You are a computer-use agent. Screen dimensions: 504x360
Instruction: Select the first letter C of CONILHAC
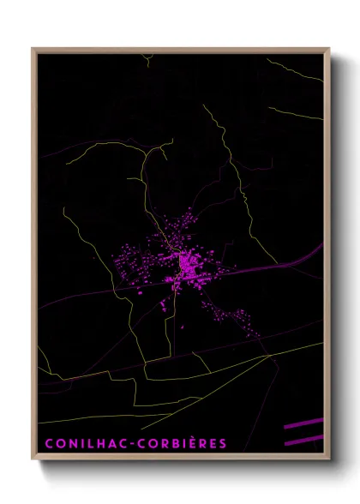point(49,443)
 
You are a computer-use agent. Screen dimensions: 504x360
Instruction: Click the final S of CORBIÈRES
point(223,443)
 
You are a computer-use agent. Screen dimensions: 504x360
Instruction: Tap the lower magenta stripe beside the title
point(304,439)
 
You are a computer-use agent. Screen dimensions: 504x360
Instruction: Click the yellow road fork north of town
point(155,155)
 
